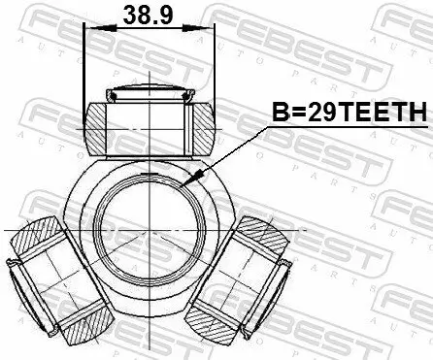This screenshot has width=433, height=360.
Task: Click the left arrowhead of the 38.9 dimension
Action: pos(90,30)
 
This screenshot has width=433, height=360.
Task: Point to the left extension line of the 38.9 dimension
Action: pos(84,68)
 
